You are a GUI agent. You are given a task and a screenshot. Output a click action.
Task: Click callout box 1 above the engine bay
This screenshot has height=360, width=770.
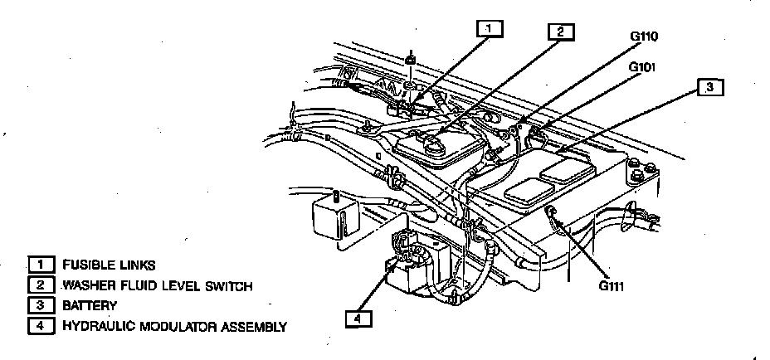pyautogui.click(x=490, y=28)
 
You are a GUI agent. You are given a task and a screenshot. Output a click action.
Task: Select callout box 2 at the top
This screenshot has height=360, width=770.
pyautogui.click(x=561, y=32)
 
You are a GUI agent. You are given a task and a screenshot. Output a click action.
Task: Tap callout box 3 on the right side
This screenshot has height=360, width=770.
pyautogui.click(x=709, y=87)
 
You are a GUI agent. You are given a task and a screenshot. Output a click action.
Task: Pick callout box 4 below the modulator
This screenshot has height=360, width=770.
pyautogui.click(x=358, y=318)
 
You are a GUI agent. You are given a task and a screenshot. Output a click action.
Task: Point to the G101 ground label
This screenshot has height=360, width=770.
pyautogui.click(x=642, y=67)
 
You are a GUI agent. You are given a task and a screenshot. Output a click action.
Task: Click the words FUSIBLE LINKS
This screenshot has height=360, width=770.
pyautogui.click(x=108, y=265)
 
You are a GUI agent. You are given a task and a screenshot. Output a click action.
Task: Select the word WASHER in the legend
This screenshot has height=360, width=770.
pyautogui.click(x=87, y=285)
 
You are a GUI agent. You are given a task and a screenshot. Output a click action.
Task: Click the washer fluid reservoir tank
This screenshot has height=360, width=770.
pyautogui.click(x=435, y=148)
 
